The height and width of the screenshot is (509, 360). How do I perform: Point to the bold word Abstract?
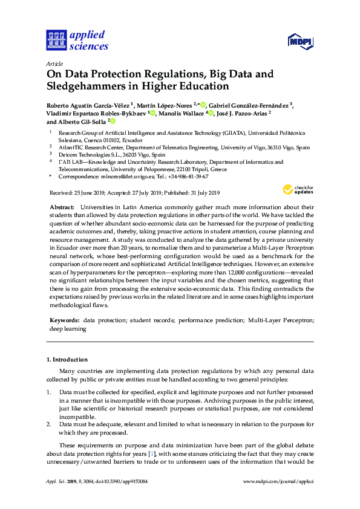tap(62, 207)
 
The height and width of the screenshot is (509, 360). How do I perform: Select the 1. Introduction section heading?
tap(67, 360)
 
